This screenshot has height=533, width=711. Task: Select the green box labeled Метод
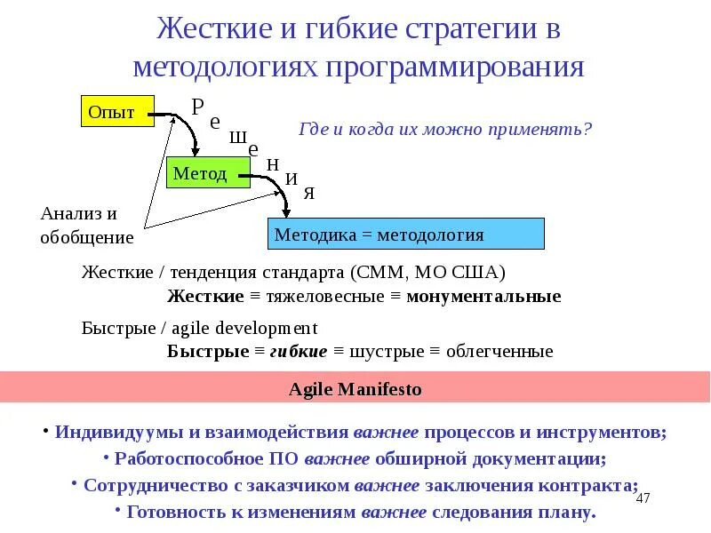pyautogui.click(x=203, y=173)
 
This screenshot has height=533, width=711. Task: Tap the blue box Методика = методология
pyautogui.click(x=405, y=235)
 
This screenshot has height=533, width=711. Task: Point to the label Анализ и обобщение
pyautogui.click(x=86, y=226)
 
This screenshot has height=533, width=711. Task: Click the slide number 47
pyautogui.click(x=644, y=498)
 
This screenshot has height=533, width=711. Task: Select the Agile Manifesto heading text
pyautogui.click(x=355, y=389)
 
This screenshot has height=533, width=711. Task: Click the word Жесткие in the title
pyautogui.click(x=215, y=29)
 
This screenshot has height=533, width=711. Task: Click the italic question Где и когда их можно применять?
pyautogui.click(x=445, y=129)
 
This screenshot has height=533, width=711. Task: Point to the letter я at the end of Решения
pyautogui.click(x=308, y=193)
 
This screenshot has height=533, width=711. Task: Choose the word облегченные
pyautogui.click(x=499, y=351)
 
